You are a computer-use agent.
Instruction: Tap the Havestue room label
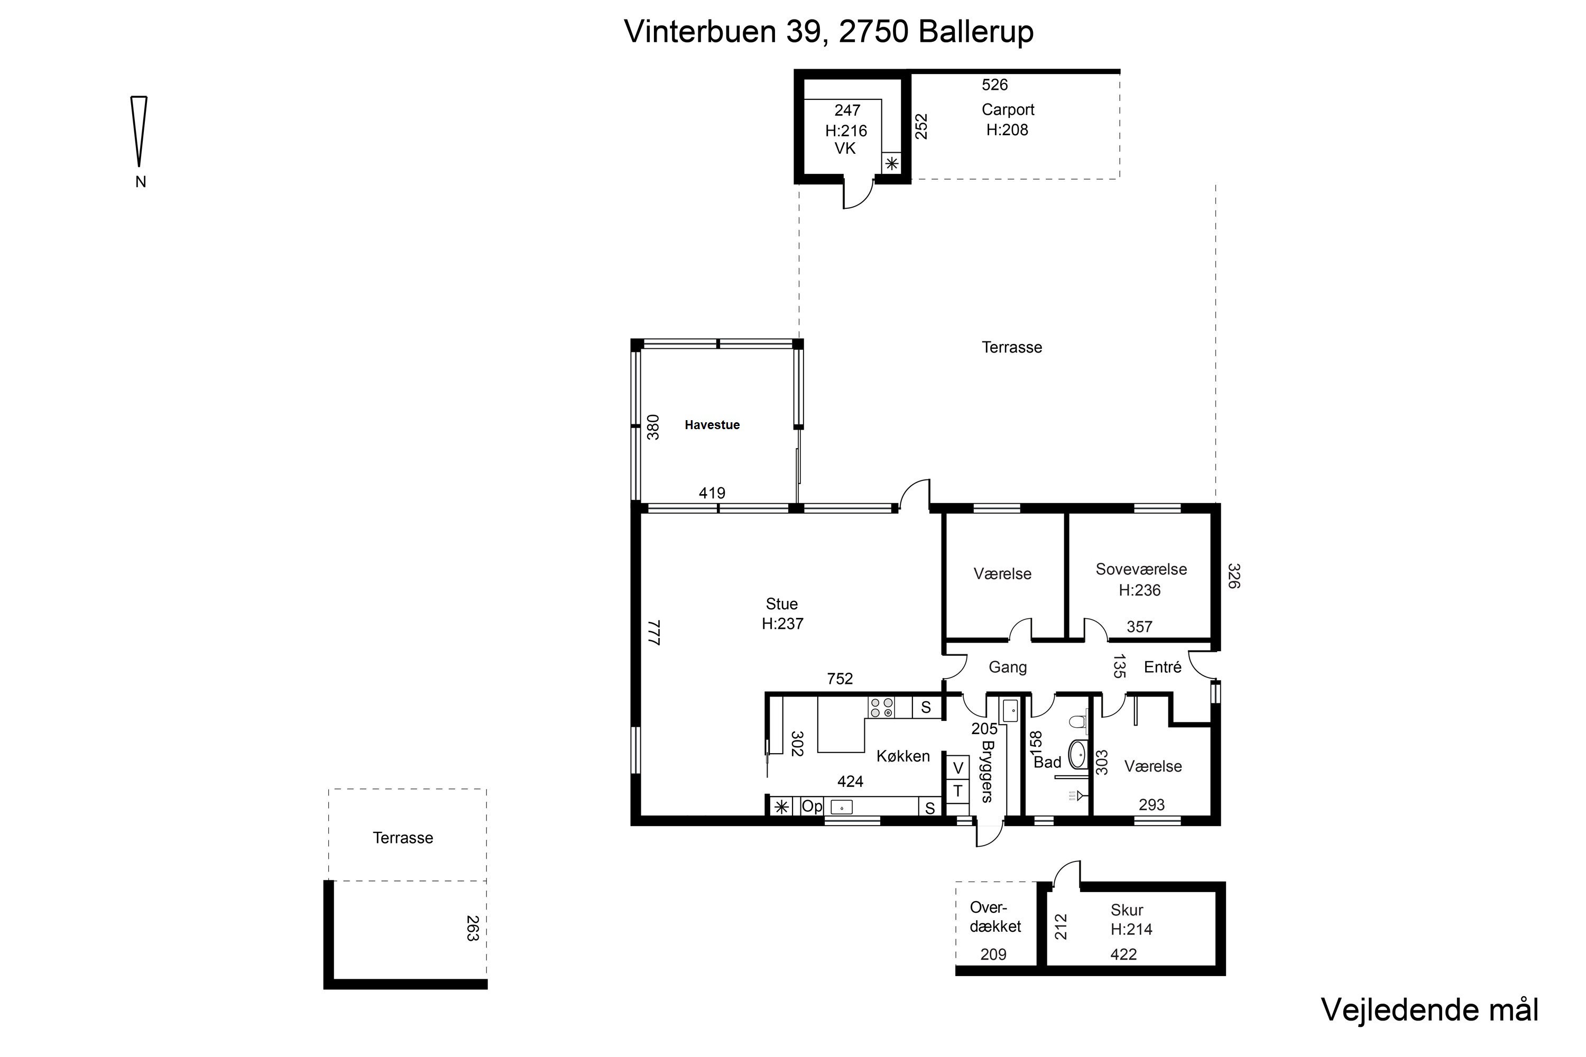point(712,425)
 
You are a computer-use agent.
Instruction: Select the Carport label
point(1008,109)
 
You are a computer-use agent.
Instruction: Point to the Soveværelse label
point(1141,569)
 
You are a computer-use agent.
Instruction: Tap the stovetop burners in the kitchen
point(881,707)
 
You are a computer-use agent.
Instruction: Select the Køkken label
point(903,756)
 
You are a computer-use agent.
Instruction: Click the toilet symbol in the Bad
point(1077,721)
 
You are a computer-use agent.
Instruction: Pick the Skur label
point(1127,910)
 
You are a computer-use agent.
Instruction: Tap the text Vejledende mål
point(1430,1010)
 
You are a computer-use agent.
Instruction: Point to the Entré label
point(1163,667)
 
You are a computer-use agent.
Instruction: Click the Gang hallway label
point(1008,667)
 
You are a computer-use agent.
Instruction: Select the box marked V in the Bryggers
point(957,768)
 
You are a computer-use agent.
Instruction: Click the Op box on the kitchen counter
point(812,806)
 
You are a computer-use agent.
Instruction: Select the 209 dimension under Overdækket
point(993,954)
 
